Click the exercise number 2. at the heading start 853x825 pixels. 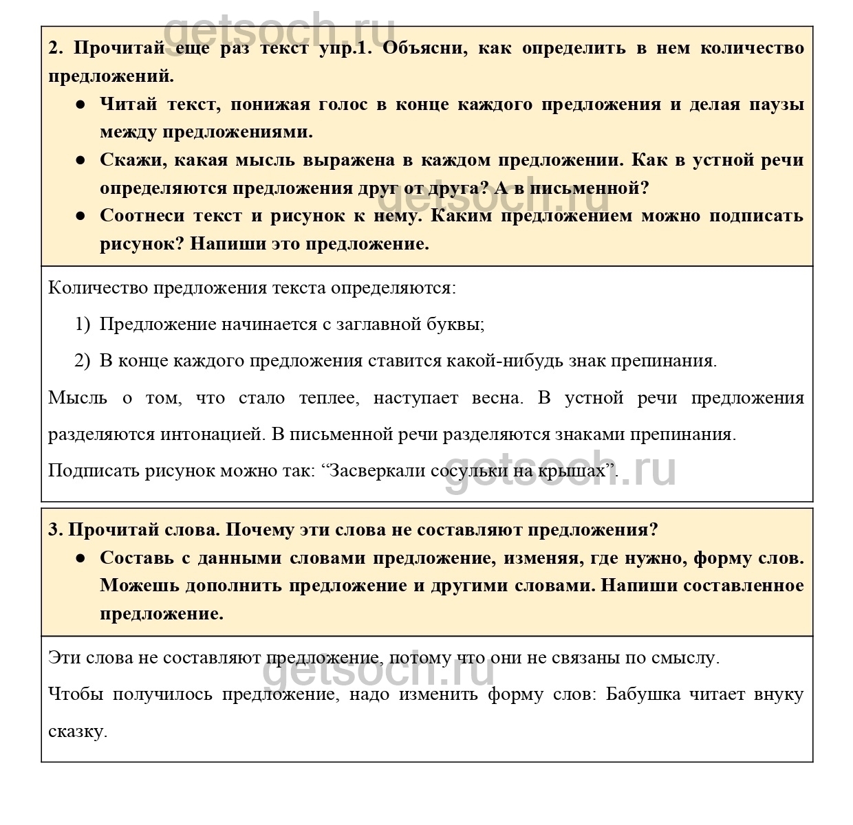point(56,48)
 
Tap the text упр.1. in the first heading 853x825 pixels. point(346,48)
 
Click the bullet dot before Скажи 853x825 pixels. point(80,160)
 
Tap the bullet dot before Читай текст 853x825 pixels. point(80,104)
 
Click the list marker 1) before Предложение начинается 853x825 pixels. point(83,324)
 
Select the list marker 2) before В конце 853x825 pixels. point(83,361)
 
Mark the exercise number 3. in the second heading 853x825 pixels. point(56,530)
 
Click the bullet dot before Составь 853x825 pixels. point(80,558)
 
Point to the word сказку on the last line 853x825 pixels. point(77,731)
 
